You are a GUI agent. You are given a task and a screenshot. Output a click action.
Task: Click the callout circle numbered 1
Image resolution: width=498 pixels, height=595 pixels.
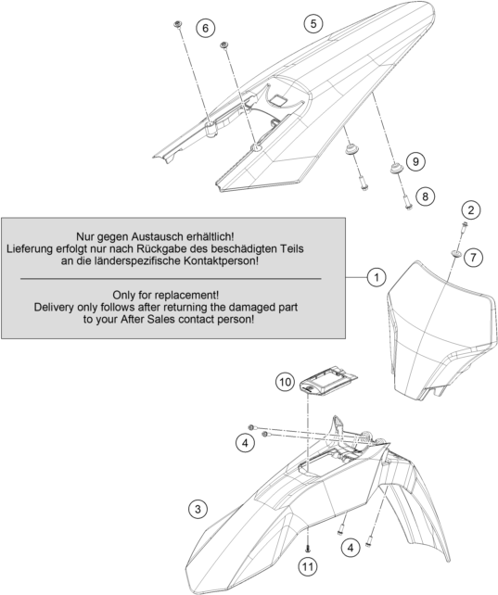[377, 277]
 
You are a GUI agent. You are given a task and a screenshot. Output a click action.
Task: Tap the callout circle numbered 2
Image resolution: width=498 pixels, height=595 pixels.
[471, 209]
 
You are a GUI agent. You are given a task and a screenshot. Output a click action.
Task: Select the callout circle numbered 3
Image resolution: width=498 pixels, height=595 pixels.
[198, 509]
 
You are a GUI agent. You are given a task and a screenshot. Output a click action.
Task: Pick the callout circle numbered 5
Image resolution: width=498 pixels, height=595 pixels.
[313, 23]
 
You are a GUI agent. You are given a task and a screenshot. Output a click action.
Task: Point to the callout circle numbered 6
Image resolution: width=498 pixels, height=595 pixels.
[205, 28]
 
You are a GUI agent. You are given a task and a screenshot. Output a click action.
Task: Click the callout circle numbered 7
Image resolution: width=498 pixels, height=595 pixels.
[473, 258]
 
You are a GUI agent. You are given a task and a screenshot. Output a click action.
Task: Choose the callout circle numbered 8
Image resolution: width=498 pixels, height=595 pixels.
[425, 196]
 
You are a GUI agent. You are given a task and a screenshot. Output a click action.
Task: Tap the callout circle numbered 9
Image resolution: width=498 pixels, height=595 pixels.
[415, 161]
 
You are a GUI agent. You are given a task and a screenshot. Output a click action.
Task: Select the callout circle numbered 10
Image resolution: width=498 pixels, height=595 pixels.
[285, 382]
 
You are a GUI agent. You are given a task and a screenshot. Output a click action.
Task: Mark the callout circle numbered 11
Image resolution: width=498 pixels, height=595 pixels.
[308, 567]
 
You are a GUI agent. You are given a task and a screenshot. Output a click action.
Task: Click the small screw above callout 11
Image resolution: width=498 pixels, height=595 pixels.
[308, 549]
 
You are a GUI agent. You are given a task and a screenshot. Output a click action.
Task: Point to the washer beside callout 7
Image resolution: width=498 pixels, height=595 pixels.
[455, 253]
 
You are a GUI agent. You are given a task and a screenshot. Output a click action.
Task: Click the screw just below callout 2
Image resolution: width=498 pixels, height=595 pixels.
[463, 226]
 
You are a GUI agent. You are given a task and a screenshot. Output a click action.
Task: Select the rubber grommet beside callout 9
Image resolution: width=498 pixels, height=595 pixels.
[397, 168]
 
